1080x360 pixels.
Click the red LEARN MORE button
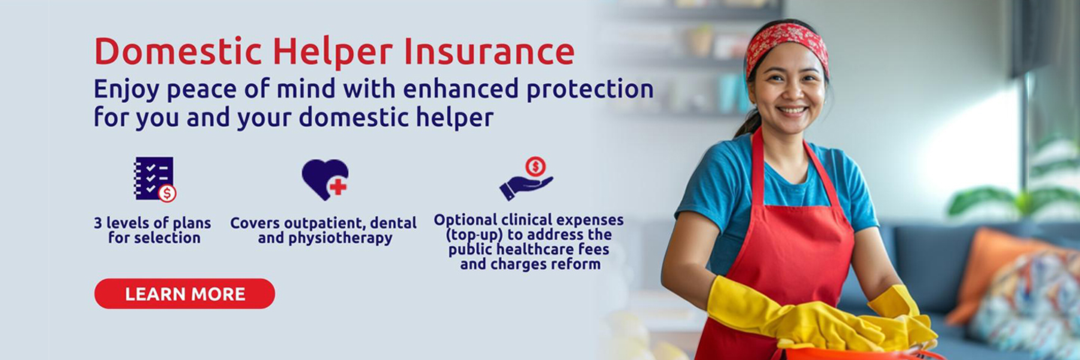(x=184, y=294)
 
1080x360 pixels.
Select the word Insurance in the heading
(x=489, y=52)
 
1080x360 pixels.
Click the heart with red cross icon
(x=325, y=178)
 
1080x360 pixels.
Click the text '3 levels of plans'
(x=152, y=223)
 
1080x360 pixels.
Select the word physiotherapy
(x=340, y=238)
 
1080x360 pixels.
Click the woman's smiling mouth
(x=792, y=110)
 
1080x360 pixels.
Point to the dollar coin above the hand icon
(x=535, y=166)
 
